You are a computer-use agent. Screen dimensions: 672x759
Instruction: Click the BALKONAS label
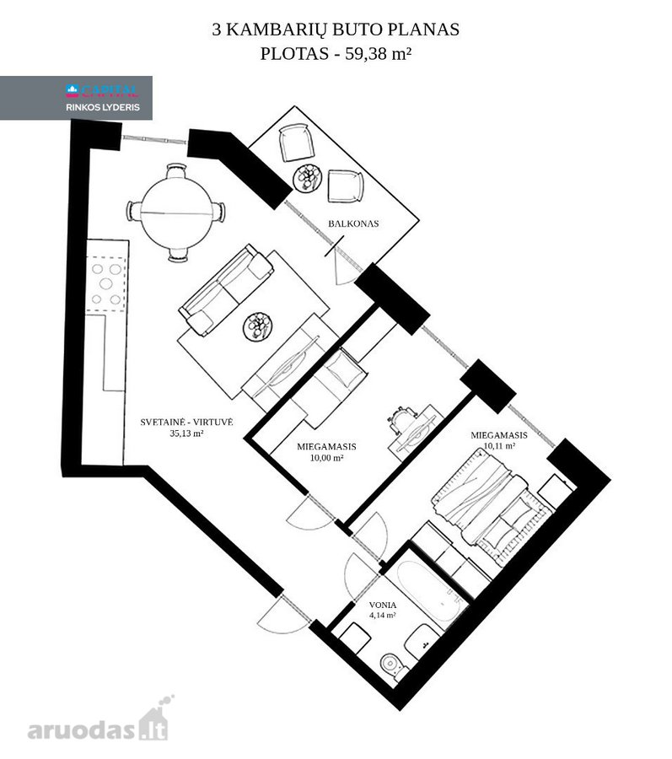click(x=353, y=223)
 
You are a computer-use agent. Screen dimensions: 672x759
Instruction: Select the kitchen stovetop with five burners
click(x=106, y=284)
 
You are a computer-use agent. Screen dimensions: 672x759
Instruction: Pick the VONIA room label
click(x=382, y=605)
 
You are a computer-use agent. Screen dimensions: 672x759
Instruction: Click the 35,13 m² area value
click(x=186, y=433)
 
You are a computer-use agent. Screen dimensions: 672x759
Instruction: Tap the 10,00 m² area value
click(x=326, y=457)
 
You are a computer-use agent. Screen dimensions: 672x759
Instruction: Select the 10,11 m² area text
click(x=499, y=446)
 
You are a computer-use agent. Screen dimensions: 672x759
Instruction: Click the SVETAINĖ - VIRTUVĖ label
click(x=186, y=423)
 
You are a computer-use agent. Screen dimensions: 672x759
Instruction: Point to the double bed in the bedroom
click(x=493, y=505)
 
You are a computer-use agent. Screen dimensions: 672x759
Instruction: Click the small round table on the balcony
click(x=308, y=178)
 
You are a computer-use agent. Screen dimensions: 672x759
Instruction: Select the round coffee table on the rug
click(x=258, y=327)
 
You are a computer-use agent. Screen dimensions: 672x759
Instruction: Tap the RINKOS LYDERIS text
click(x=103, y=107)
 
